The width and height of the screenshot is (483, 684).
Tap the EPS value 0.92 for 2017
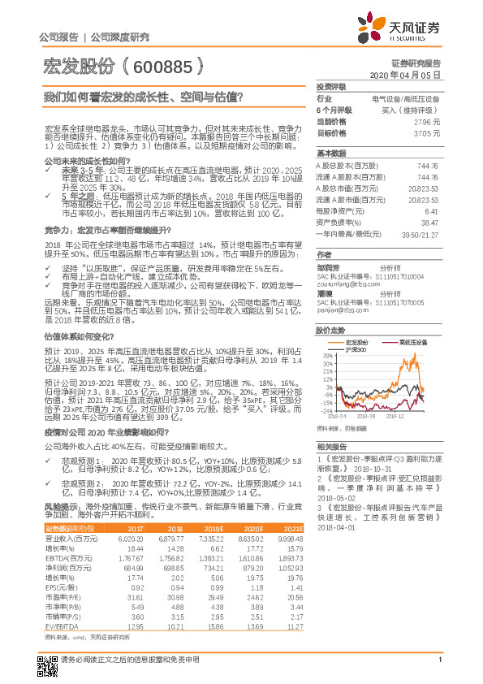tap(137, 586)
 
